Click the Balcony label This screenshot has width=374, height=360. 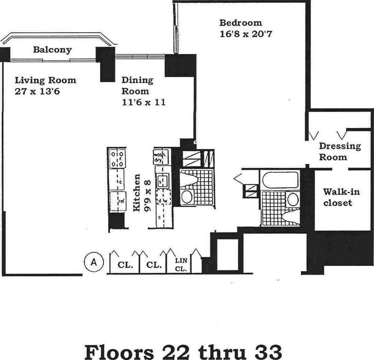click(52, 50)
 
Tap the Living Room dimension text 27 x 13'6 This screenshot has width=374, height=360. click(38, 91)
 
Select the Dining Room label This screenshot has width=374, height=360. click(137, 85)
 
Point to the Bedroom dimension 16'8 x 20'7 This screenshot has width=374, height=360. click(246, 34)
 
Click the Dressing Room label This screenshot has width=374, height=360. click(339, 151)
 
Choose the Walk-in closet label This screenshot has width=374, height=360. click(338, 197)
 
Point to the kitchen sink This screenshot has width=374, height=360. click(162, 181)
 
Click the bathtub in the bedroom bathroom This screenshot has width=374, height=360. click(280, 180)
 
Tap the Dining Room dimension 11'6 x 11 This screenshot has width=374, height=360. click(143, 102)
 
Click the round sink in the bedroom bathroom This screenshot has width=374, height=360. click(293, 199)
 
